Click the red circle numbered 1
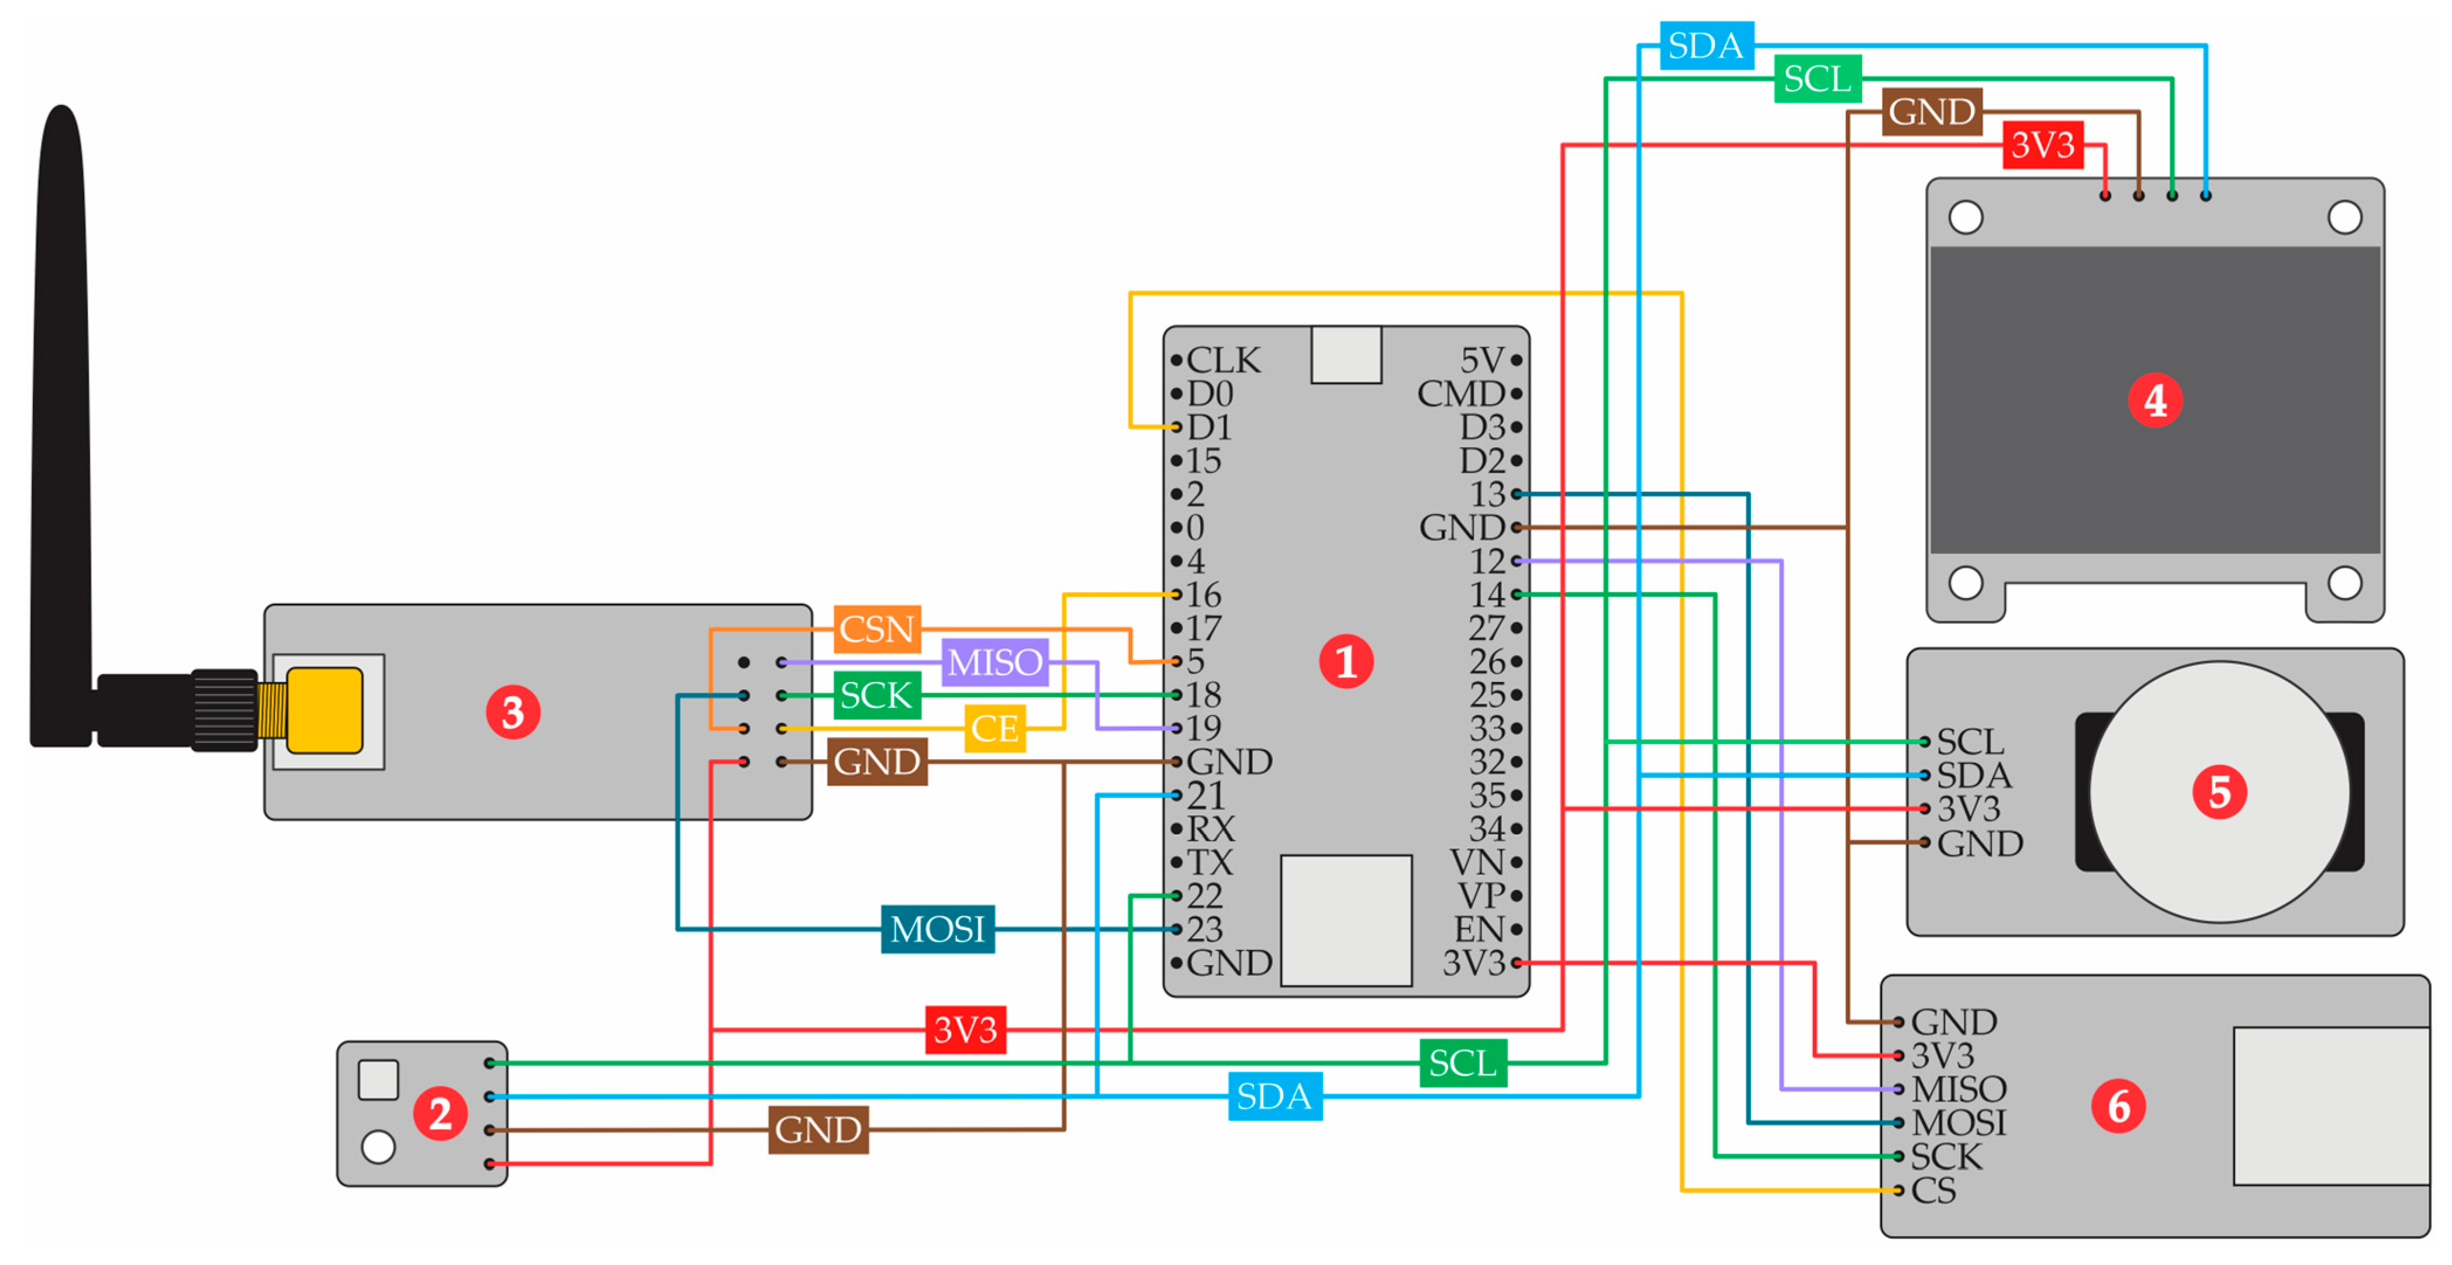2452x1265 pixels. pos(1345,662)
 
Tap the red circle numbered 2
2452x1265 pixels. pos(440,1114)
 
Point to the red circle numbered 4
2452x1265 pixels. pos(2155,401)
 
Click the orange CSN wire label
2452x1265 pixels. pos(876,628)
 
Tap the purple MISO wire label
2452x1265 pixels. pos(994,662)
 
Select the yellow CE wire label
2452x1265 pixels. pos(994,729)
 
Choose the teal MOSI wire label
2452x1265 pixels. pos(938,929)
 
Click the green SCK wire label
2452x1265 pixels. pos(876,695)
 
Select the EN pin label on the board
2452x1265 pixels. pos(1478,929)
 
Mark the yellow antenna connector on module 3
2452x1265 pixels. pos(324,710)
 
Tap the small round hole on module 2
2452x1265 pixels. pos(378,1147)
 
